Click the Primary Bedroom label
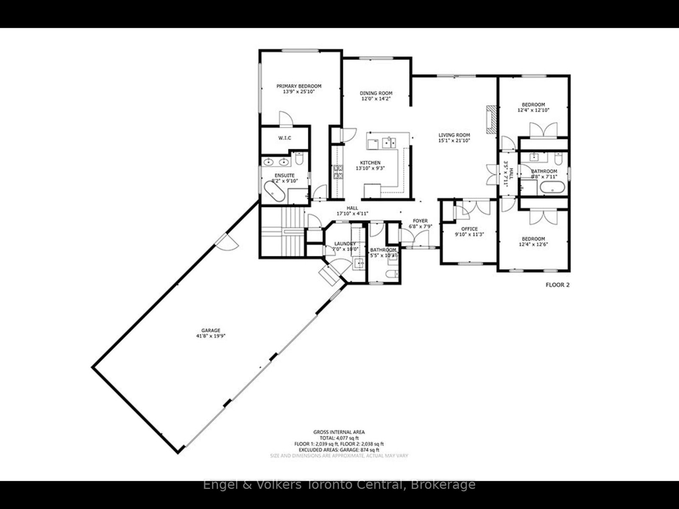click(x=299, y=86)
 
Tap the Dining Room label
click(x=376, y=93)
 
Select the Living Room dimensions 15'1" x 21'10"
click(x=454, y=141)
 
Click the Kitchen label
click(x=370, y=163)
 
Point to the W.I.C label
click(x=284, y=138)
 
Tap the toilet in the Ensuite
click(x=299, y=159)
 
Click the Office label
click(x=469, y=229)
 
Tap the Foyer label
click(x=418, y=221)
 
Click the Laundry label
click(x=345, y=244)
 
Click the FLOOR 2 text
click(x=557, y=285)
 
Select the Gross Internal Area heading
click(x=339, y=432)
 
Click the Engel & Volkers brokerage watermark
click(x=339, y=484)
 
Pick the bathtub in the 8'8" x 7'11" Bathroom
click(x=552, y=187)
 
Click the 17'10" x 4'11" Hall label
click(x=352, y=208)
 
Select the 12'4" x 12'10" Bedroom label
click(x=533, y=105)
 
